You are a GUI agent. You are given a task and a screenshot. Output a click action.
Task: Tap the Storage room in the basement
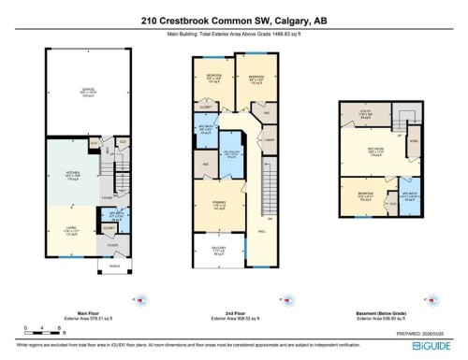tap(415, 141)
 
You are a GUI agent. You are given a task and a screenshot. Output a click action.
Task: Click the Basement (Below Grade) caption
tap(387, 312)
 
